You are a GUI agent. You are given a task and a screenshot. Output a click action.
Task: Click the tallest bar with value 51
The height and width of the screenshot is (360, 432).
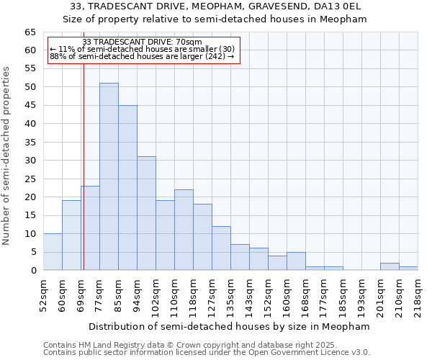click(x=109, y=176)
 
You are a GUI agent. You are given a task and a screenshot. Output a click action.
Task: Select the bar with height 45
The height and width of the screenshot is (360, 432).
click(x=127, y=187)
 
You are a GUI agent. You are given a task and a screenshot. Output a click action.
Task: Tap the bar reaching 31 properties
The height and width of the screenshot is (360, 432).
click(x=146, y=213)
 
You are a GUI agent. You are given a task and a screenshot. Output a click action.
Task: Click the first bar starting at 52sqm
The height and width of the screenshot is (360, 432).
click(x=53, y=252)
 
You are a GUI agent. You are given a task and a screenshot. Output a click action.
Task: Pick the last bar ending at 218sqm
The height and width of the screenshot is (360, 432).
click(x=408, y=269)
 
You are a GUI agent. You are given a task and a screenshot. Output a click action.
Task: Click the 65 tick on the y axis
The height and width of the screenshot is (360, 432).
click(x=30, y=32)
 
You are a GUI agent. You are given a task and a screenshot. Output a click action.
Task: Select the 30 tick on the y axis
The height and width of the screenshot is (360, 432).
click(x=30, y=161)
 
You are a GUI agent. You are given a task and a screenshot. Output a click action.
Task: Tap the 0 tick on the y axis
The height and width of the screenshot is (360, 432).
click(x=33, y=271)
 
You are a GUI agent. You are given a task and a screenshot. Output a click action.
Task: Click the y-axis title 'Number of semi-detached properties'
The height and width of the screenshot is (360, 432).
click(x=7, y=155)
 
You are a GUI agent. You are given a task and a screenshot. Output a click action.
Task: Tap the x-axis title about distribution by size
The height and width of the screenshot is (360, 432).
click(x=228, y=326)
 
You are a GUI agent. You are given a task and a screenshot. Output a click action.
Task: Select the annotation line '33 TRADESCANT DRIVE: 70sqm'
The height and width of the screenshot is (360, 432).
click(x=143, y=42)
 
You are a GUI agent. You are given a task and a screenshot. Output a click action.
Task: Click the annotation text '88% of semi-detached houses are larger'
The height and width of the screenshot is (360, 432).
click(x=143, y=55)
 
